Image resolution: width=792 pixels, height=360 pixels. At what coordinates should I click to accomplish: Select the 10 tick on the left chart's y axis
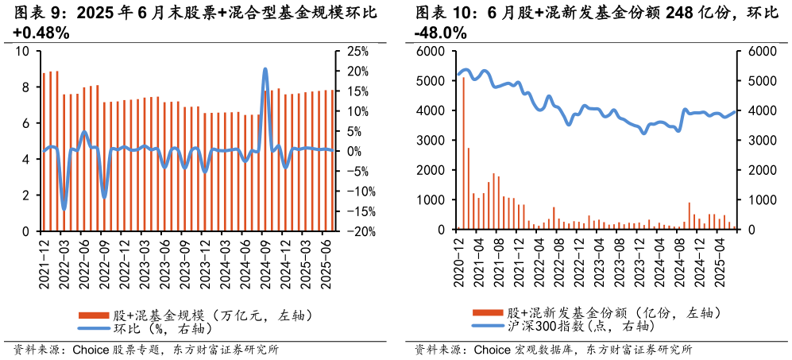coord(22,52)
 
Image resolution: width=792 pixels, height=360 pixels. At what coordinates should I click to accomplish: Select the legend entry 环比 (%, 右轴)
coord(150,328)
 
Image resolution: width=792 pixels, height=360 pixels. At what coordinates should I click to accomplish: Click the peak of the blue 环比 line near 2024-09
coord(265,70)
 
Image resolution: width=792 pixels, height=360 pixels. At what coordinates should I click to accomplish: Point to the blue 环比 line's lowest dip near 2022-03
coord(64,209)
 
